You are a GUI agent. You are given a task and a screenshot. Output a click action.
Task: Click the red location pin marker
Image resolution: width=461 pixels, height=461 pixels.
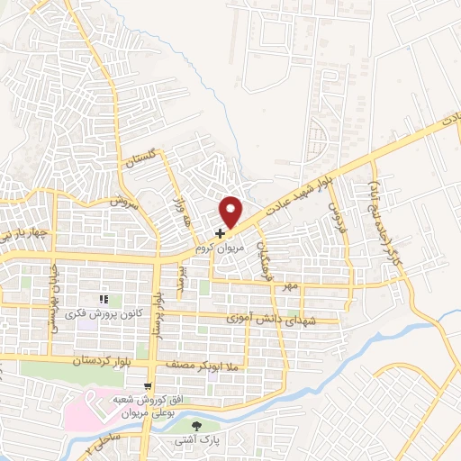[232, 212]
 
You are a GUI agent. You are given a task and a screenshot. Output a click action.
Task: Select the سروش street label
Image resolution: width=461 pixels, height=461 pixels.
[121, 203]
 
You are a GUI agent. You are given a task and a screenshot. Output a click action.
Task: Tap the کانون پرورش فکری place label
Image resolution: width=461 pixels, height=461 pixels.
[105, 312]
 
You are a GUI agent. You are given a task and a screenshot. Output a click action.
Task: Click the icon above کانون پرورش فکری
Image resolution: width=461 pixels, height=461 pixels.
[104, 299]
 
